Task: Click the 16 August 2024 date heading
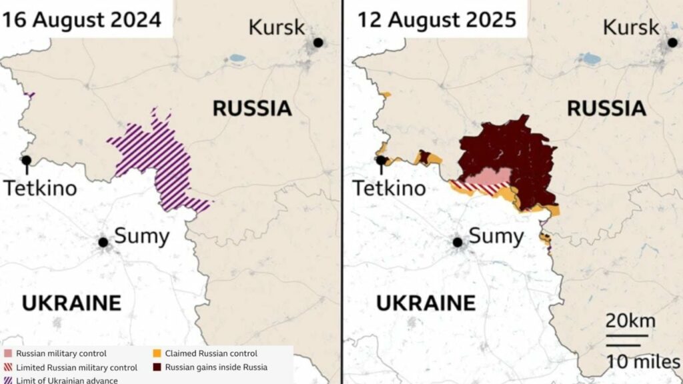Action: pos(81,19)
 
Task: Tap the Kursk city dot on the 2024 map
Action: pos(318,43)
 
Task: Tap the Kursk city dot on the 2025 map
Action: pos(672,43)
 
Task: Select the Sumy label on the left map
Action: pos(142,236)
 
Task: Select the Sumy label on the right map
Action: pos(496,236)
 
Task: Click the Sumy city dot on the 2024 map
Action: pos(103,242)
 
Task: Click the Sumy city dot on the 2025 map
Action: pos(458,242)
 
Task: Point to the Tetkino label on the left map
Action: pos(40,189)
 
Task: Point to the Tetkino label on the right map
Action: pos(389,189)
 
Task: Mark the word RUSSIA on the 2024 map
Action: pos(252,109)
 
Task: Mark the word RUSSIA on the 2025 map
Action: pos(606,109)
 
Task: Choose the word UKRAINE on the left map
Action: pos(71,303)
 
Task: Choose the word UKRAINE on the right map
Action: pos(426,303)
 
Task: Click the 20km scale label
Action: pos(630,321)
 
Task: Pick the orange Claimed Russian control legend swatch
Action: pos(157,353)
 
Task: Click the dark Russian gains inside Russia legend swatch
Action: pos(157,367)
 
